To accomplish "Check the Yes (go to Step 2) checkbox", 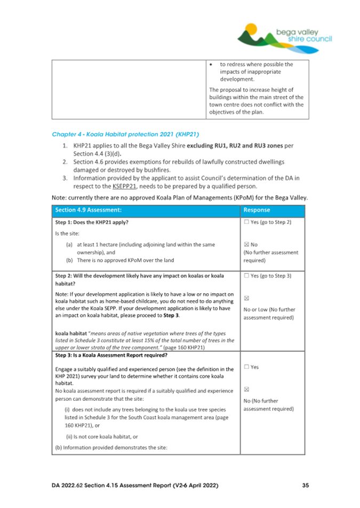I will pos(246,222).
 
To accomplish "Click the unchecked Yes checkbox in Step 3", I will pos(246,367).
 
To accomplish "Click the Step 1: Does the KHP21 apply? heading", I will pos(91,222).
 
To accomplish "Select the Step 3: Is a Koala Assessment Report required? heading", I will pos(117,354).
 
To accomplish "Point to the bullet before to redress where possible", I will pos(213,65).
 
